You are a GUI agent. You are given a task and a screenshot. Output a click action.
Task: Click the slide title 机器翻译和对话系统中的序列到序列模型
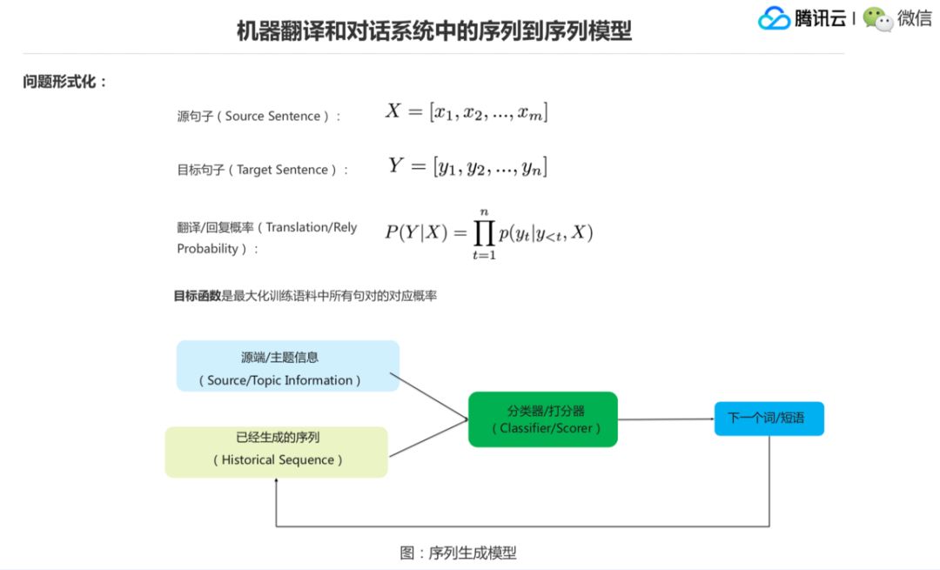434,31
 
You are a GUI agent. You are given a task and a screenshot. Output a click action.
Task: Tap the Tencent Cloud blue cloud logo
774,18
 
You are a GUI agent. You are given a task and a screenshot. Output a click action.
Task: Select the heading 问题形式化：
65,82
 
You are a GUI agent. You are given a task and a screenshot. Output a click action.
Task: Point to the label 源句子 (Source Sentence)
259,116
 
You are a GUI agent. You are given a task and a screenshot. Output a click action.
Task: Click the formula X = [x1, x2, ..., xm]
467,111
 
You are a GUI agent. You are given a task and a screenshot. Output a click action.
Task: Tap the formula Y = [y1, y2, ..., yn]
467,165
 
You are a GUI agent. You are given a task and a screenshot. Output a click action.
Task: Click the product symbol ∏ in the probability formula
484,231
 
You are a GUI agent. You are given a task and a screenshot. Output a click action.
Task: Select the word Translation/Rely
312,227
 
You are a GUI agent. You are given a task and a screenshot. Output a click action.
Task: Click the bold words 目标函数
198,296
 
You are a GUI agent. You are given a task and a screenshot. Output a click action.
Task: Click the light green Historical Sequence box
277,452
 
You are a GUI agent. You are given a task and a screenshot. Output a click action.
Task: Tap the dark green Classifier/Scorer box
543,419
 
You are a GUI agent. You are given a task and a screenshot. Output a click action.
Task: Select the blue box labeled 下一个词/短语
769,419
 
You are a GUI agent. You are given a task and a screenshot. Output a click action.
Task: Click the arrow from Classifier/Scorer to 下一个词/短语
666,419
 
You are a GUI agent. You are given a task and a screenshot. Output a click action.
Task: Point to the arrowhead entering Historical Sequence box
277,483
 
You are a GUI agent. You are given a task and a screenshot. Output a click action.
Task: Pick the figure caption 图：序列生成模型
458,553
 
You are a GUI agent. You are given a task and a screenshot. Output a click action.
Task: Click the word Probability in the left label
207,249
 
